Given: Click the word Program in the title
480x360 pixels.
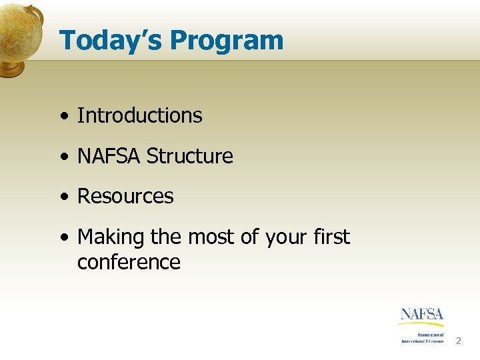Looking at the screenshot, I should [x=227, y=41].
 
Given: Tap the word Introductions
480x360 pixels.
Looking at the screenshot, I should [x=139, y=115].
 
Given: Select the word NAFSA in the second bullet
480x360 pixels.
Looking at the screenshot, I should [x=109, y=156].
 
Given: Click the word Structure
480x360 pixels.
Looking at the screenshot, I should [x=190, y=156].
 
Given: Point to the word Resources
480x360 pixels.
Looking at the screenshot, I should [x=125, y=197].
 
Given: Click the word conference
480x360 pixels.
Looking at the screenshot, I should [x=129, y=262].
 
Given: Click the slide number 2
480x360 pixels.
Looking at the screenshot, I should [x=458, y=341].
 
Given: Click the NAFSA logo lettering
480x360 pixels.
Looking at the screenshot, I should [x=422, y=314].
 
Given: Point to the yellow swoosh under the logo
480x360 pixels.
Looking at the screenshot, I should [x=421, y=324].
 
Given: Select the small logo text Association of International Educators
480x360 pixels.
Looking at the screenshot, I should [x=423, y=338].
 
